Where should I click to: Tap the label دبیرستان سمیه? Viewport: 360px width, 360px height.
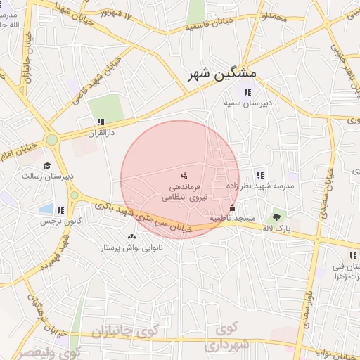click(x=247, y=103)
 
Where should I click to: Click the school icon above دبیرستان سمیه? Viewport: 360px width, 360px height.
click(x=247, y=92)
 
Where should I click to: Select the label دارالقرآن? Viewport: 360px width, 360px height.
click(x=100, y=131)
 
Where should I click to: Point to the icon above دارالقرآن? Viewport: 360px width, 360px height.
click(x=101, y=122)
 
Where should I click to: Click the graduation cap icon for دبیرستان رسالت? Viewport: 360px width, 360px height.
click(x=47, y=167)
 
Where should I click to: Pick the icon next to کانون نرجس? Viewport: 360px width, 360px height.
click(x=60, y=210)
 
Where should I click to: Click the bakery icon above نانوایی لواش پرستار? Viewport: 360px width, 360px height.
click(x=131, y=237)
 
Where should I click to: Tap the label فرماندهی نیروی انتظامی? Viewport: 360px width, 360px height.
click(x=181, y=193)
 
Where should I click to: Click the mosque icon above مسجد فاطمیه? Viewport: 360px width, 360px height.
click(x=233, y=208)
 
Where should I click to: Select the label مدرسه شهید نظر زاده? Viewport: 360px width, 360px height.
click(x=259, y=186)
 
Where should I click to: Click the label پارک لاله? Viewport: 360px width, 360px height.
click(x=281, y=229)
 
